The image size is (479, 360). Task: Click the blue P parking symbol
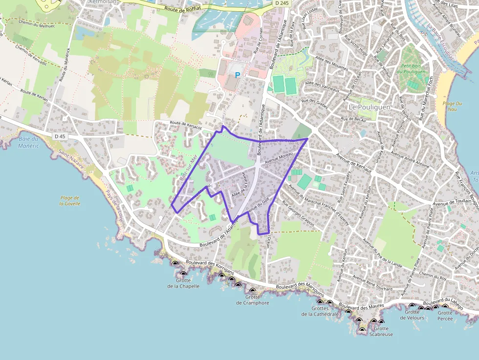pyautogui.click(x=238, y=75)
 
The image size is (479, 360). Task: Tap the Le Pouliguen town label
pyautogui.click(x=368, y=106)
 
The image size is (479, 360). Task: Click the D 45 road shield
pyautogui.click(x=60, y=136)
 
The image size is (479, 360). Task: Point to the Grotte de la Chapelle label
pyautogui.click(x=183, y=283)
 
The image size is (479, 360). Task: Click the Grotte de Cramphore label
pyautogui.click(x=253, y=299)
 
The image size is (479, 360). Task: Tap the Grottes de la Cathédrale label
pyautogui.click(x=320, y=311)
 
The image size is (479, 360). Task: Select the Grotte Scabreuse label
pyautogui.click(x=381, y=332)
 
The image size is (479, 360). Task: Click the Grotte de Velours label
pyautogui.click(x=412, y=315)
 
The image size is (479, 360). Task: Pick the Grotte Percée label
pyautogui.click(x=445, y=316)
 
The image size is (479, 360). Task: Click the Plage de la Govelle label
pyautogui.click(x=70, y=200)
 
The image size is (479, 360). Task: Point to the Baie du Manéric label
pyautogui.click(x=28, y=142)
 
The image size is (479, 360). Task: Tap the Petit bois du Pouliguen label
pyautogui.click(x=413, y=68)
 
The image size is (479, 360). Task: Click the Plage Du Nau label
pyautogui.click(x=452, y=106)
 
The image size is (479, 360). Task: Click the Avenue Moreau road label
pyautogui.click(x=278, y=159)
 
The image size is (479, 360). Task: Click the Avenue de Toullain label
pyautogui.click(x=441, y=201)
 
